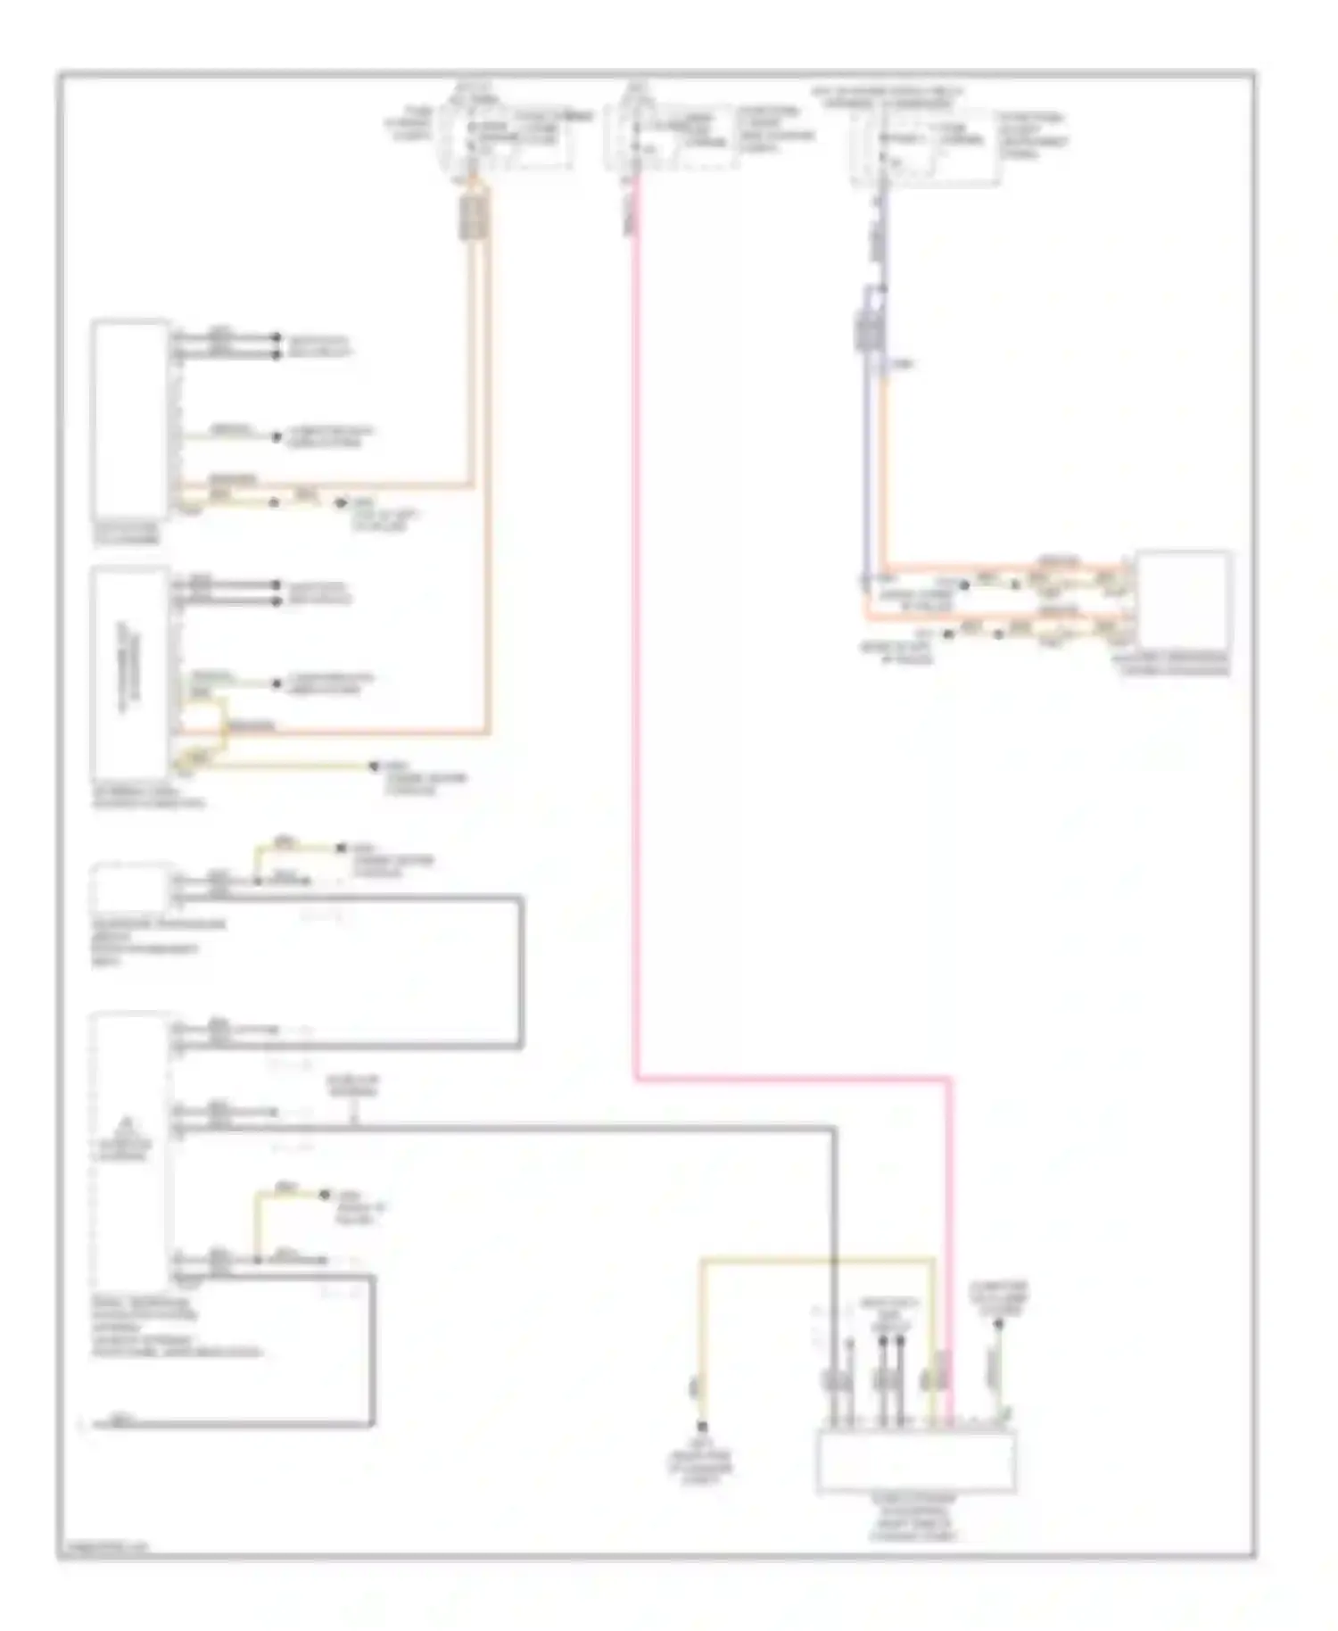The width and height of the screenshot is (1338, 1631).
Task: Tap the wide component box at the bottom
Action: [x=916, y=1461]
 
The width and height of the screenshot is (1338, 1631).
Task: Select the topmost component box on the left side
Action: [x=130, y=419]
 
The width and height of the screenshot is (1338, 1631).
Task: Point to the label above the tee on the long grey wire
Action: [x=353, y=1085]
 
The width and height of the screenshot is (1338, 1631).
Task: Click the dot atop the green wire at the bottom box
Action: [x=999, y=1324]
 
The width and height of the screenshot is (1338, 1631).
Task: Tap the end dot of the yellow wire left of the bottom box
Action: [x=702, y=1427]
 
